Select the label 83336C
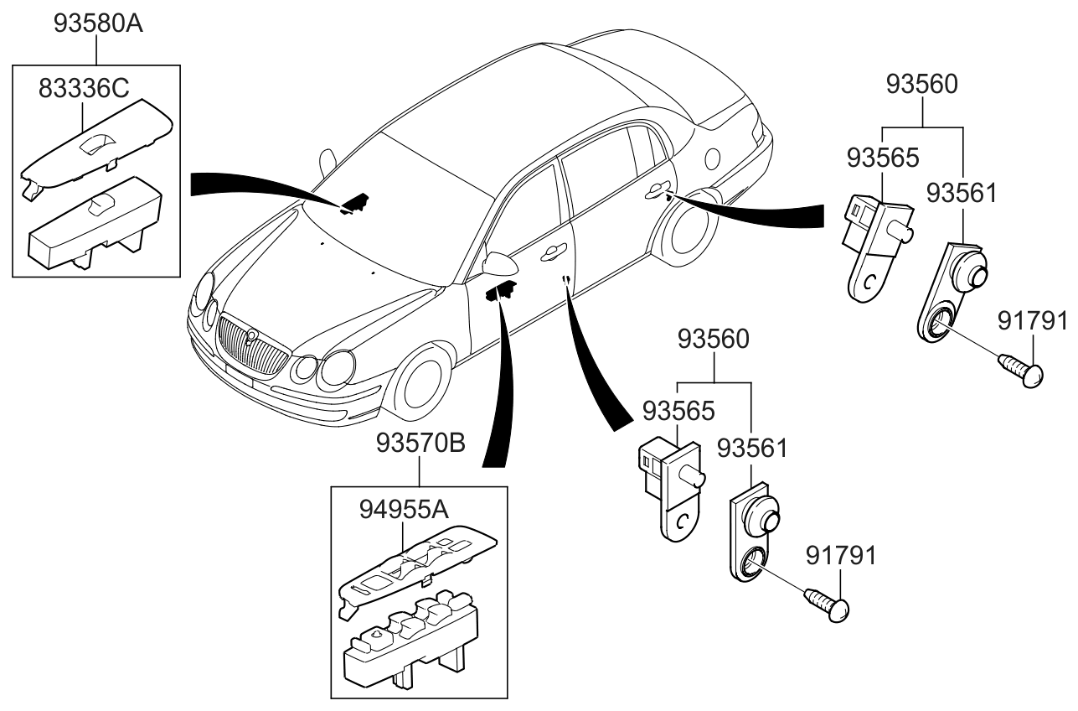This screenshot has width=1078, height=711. (82, 87)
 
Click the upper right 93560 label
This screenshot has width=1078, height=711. (922, 84)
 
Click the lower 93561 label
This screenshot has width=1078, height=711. (750, 448)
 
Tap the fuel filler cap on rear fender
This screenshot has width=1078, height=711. (714, 158)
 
